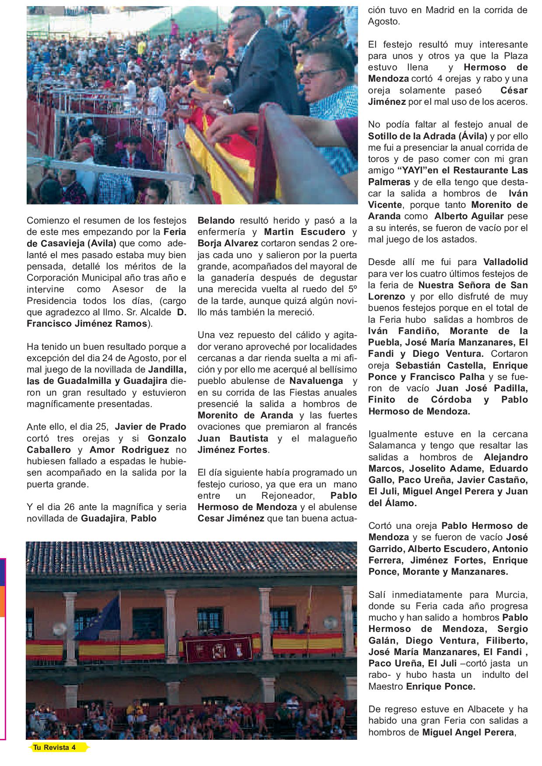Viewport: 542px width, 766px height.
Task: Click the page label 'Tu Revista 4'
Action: pyautogui.click(x=55, y=748)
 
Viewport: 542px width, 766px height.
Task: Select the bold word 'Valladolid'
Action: pyautogui.click(x=506, y=262)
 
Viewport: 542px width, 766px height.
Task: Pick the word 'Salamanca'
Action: pyautogui.click(x=389, y=446)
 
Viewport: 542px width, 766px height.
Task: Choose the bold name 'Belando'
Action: pyautogui.click(x=216, y=221)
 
